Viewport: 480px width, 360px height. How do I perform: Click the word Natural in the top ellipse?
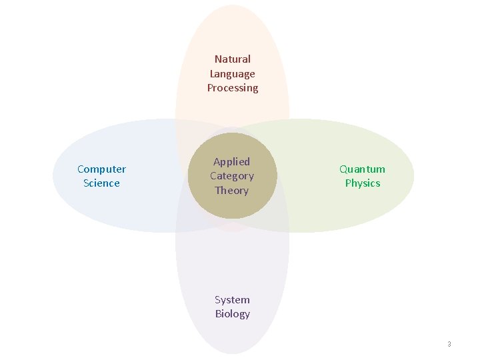point(232,59)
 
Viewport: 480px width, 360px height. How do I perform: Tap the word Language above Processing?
point(232,74)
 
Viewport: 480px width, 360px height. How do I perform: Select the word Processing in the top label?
point(232,88)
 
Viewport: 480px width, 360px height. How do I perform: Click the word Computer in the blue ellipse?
point(101,169)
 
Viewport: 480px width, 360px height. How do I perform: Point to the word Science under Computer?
point(101,183)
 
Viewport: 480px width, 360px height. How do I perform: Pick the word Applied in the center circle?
point(231,161)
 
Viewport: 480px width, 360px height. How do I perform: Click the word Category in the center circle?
point(231,176)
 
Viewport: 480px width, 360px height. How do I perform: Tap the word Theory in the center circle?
point(231,191)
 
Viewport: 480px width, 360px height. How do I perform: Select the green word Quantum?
point(362,169)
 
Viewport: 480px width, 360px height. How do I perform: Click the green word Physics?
point(362,183)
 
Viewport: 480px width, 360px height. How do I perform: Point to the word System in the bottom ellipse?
point(232,300)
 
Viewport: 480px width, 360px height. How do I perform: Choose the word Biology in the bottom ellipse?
point(232,314)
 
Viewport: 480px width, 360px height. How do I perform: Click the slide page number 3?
point(449,345)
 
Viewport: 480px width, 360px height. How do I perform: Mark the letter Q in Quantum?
point(343,169)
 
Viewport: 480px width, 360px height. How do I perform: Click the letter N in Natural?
point(218,59)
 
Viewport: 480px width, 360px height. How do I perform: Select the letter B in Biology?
point(218,314)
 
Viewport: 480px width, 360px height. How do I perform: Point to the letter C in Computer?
point(81,169)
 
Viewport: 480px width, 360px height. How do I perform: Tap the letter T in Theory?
point(218,191)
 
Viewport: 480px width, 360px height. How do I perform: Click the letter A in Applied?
point(217,161)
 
